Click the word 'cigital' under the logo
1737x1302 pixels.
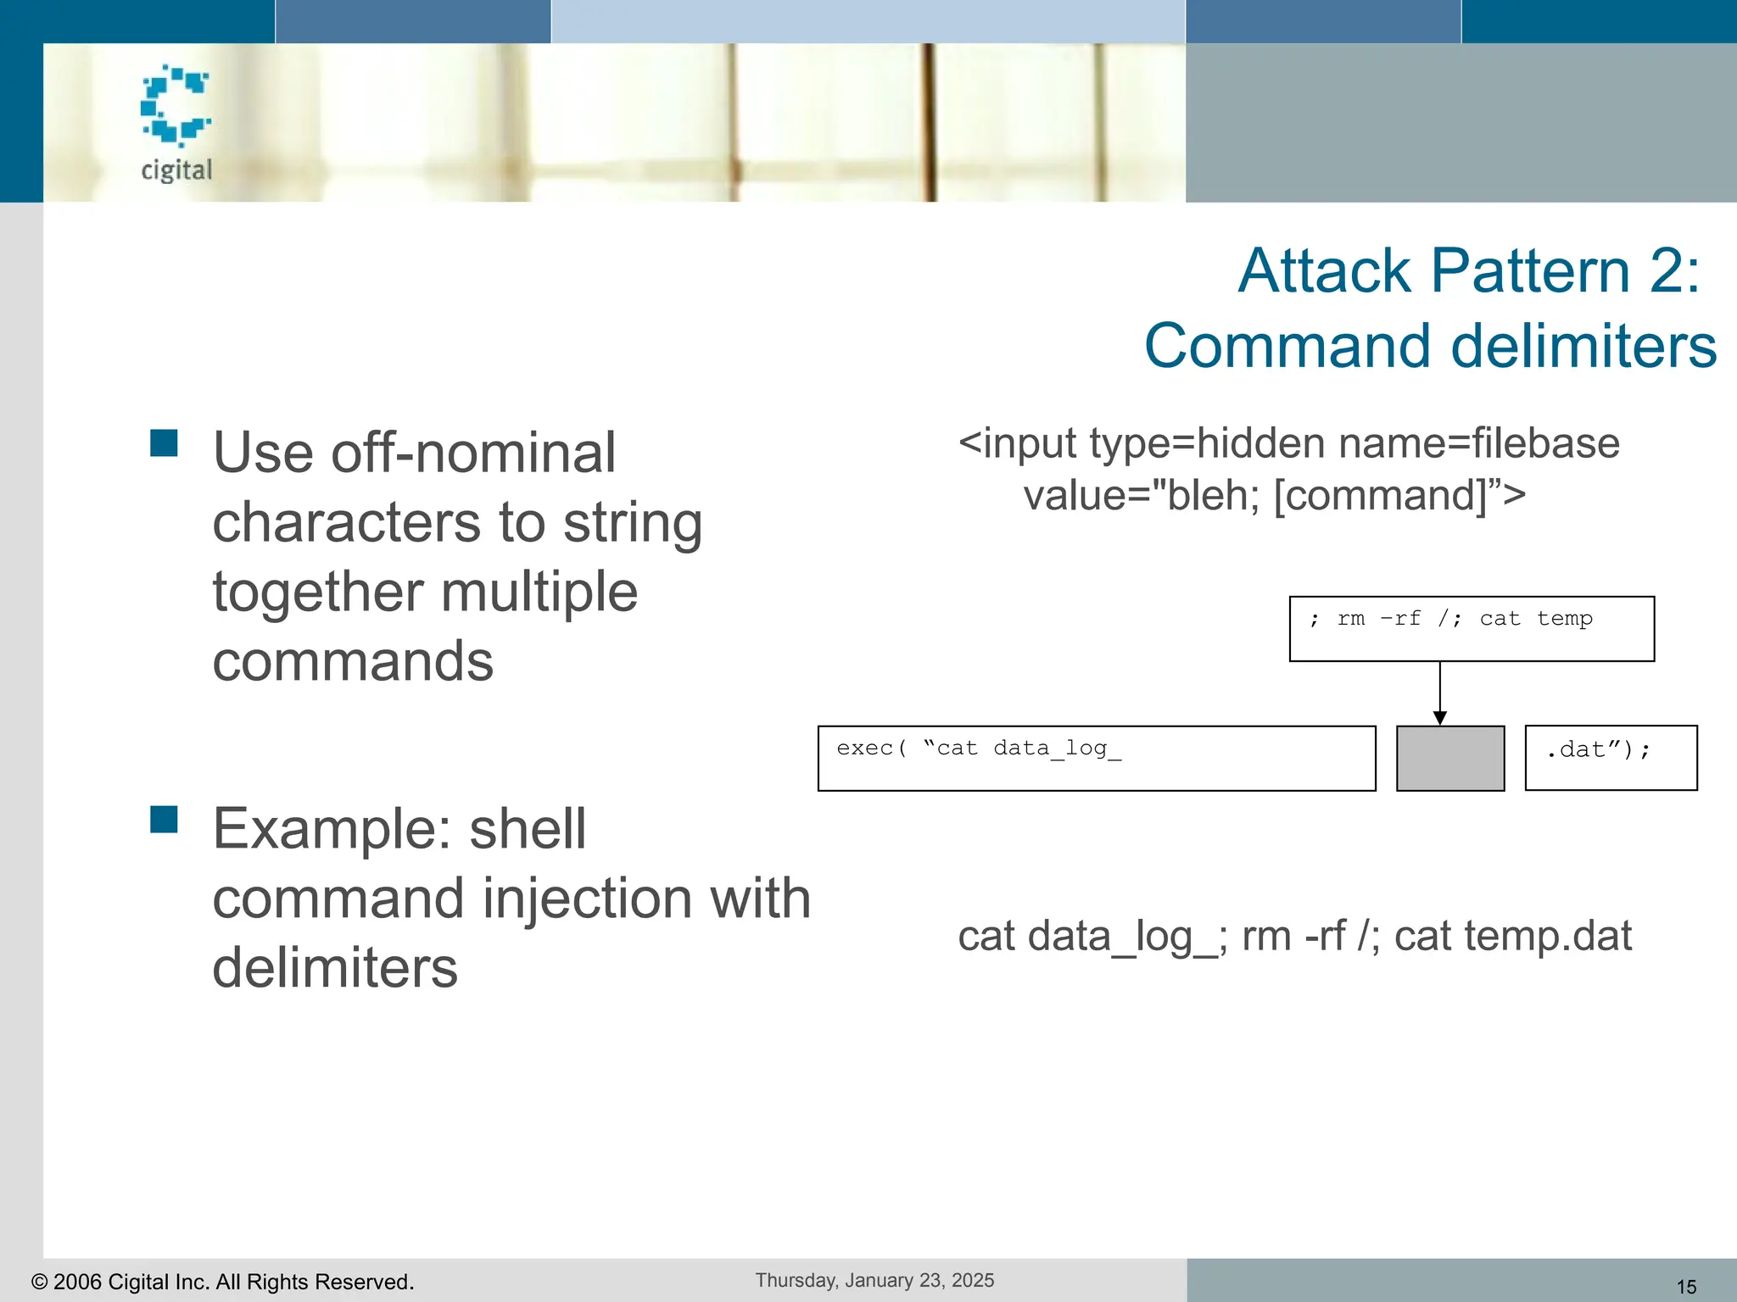coord(176,170)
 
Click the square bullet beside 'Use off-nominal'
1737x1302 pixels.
coord(164,442)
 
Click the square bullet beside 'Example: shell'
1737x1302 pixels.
coord(164,820)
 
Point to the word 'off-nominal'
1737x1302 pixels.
coord(472,453)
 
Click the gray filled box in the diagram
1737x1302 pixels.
coord(1450,759)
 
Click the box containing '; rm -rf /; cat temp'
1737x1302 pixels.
coord(1472,629)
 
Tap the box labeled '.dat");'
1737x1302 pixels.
coord(1611,758)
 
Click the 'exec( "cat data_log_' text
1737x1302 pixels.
coord(978,748)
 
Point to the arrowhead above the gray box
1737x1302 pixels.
coord(1439,718)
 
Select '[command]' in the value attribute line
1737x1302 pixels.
coord(1381,495)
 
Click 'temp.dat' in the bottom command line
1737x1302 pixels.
coord(1548,937)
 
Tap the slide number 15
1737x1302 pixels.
coord(1686,1287)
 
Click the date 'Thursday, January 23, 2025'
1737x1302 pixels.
coord(874,1280)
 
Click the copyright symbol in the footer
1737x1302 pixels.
coord(39,1282)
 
